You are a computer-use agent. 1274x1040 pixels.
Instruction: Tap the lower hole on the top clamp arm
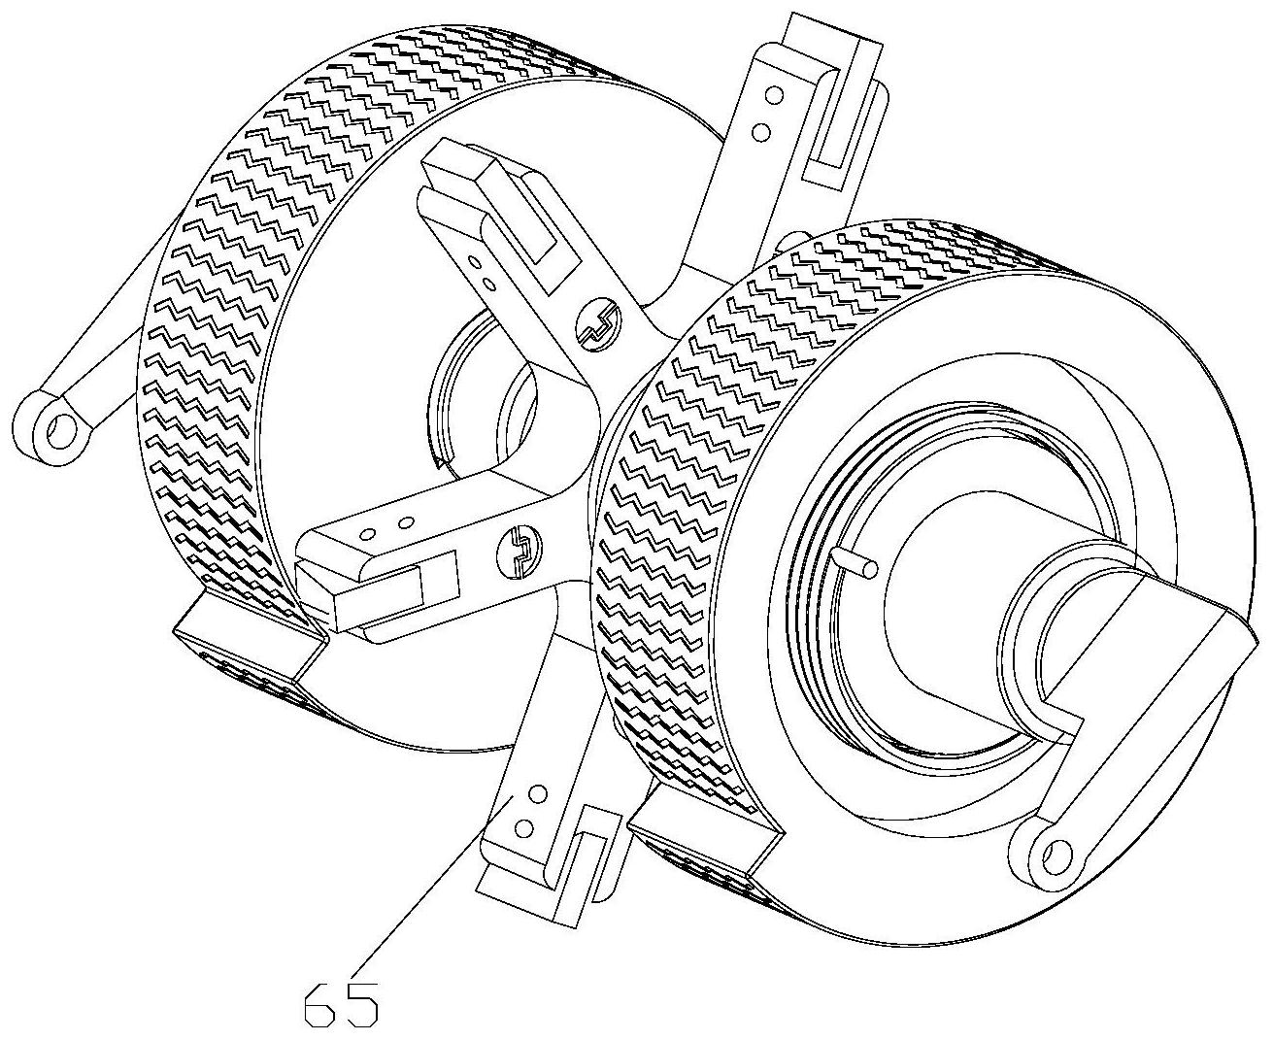[x=762, y=127]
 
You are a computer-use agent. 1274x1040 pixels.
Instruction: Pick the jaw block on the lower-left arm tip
[x=374, y=592]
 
